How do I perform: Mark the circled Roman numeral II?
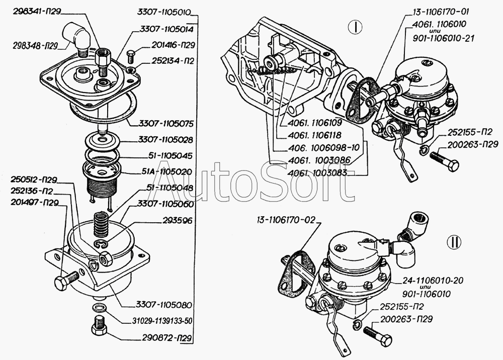(454, 243)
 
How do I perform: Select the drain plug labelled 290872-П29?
(98, 328)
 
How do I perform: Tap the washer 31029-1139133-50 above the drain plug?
(98, 308)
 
